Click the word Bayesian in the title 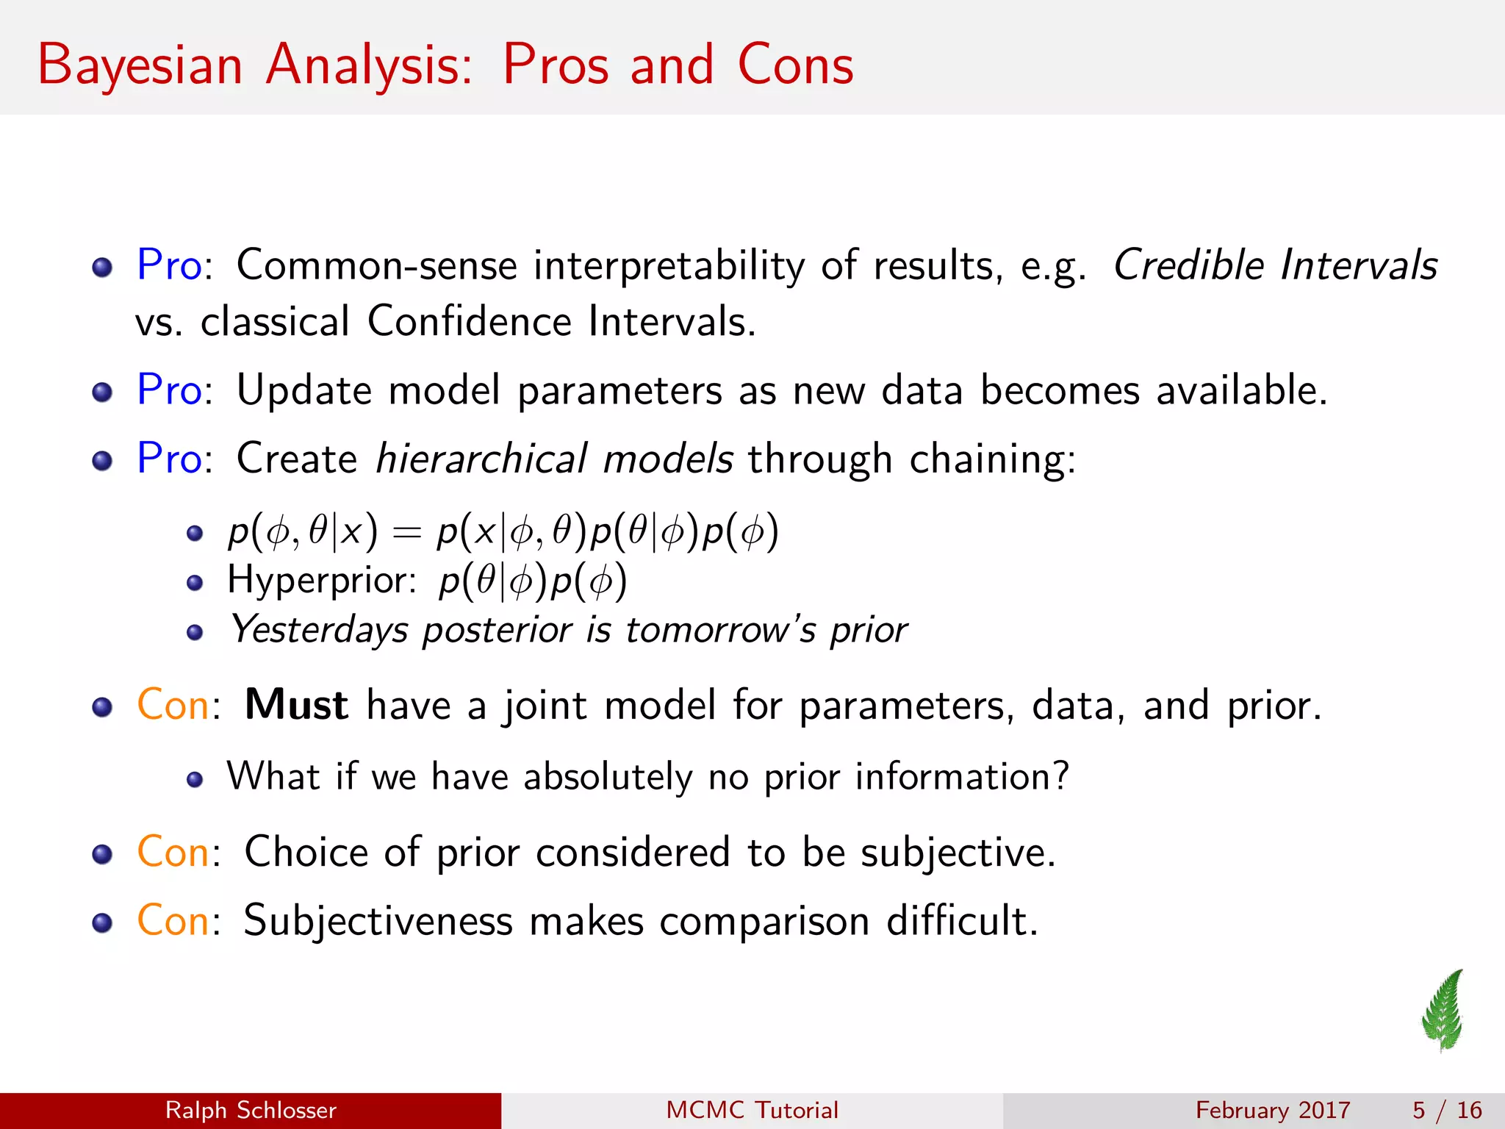[x=140, y=66]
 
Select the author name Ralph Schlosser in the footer [x=251, y=1110]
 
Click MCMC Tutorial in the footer [x=752, y=1110]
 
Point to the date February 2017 [x=1273, y=1110]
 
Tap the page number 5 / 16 [x=1447, y=1110]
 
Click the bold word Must [x=296, y=705]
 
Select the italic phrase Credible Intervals [x=1275, y=265]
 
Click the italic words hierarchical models [x=554, y=459]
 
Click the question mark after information [x=1060, y=776]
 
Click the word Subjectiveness [x=378, y=921]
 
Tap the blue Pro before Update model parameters [x=169, y=390]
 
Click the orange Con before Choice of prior [x=173, y=853]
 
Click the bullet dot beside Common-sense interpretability [x=102, y=267]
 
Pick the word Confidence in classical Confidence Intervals [x=469, y=322]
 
